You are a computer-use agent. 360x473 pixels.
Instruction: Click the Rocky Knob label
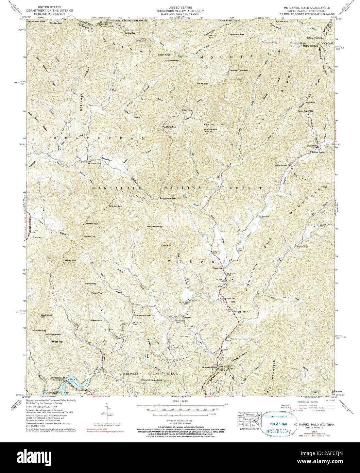(203, 83)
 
